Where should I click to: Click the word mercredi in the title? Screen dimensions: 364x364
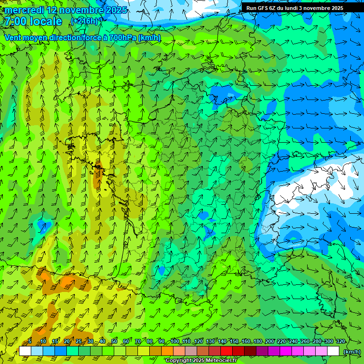[x=24, y=10]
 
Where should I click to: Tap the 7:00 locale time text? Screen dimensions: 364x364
[x=33, y=21]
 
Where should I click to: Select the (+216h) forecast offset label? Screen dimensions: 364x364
[x=84, y=21]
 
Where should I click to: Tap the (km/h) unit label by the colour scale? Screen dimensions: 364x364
[x=351, y=352]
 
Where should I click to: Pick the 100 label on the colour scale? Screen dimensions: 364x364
[x=175, y=342]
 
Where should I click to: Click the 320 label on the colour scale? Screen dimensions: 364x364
[x=340, y=342]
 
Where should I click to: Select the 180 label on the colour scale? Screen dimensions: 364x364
[x=257, y=342]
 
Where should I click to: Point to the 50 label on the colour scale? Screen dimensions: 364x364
[x=114, y=342]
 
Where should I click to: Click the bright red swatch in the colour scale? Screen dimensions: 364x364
[x=227, y=351]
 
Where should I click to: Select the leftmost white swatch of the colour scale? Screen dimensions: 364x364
[x=25, y=351]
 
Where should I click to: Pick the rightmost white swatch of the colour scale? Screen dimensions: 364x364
[x=333, y=351]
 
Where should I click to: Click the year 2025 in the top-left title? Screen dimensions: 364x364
[x=116, y=10]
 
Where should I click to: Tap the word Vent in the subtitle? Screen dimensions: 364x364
[x=13, y=37]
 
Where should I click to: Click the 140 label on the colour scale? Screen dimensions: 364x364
[x=222, y=342]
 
